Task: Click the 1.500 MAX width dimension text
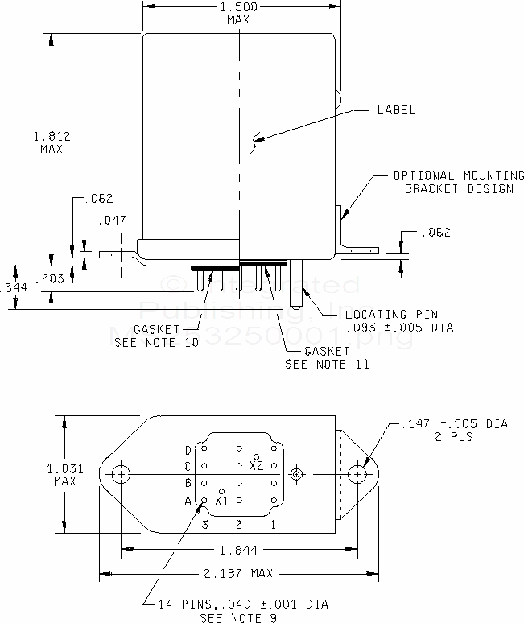239,12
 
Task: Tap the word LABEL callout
396,110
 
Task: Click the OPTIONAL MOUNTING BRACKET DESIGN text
458,183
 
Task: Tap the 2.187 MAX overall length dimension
239,573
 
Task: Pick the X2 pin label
257,464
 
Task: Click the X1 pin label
221,501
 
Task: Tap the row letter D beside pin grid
188,450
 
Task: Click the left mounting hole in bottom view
121,474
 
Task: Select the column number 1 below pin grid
274,525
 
